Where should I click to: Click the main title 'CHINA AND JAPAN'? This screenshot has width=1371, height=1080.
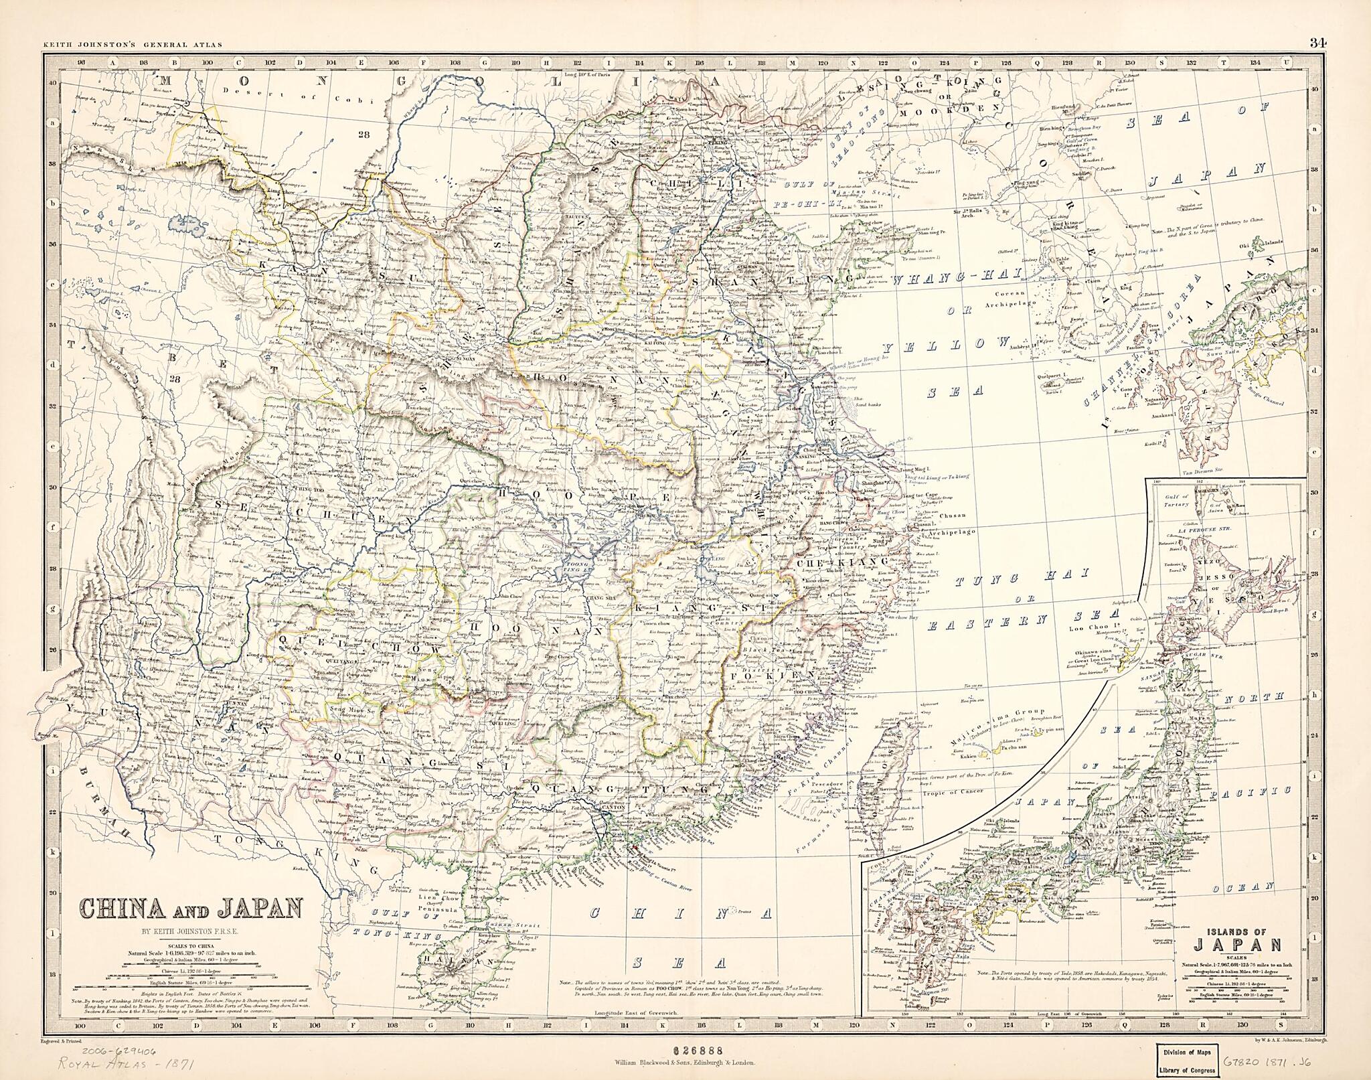[190, 909]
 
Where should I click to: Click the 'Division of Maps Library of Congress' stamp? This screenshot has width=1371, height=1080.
[1188, 1059]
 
